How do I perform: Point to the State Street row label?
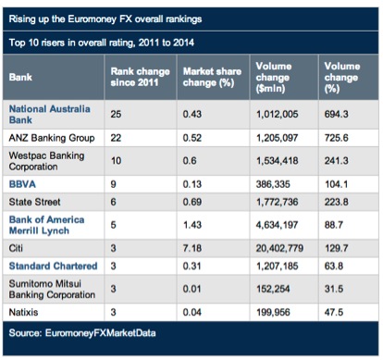pyautogui.click(x=36, y=204)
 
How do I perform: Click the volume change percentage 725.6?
pyautogui.click(x=337, y=140)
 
